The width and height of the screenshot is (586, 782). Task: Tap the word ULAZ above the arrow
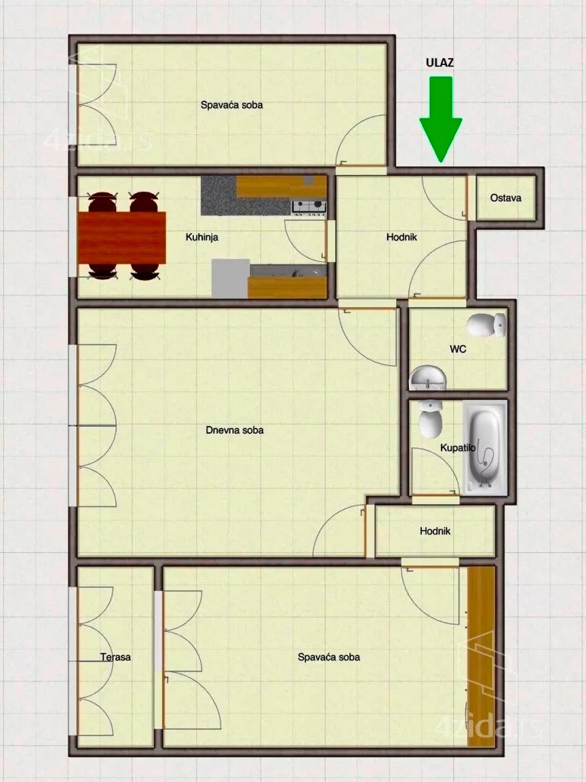click(x=439, y=63)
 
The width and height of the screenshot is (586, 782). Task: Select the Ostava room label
click(x=506, y=198)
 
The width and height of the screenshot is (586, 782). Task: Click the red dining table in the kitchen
click(x=122, y=238)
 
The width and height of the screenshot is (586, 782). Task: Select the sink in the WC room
click(x=428, y=376)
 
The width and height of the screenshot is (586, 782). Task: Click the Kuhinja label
click(x=202, y=238)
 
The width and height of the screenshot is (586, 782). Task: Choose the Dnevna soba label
click(x=235, y=431)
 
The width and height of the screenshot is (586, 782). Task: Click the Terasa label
click(x=115, y=657)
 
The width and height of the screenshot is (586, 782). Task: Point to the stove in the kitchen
click(x=309, y=205)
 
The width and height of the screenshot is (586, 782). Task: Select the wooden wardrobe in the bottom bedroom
click(x=481, y=656)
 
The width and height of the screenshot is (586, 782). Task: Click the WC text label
click(x=458, y=350)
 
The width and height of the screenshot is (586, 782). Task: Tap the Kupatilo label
click(x=453, y=448)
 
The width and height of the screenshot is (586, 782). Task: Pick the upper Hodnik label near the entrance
click(x=401, y=238)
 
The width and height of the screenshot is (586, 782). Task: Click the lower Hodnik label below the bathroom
click(x=435, y=532)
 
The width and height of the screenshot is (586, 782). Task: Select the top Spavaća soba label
click(x=232, y=105)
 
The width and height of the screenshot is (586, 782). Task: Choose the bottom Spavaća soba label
click(x=329, y=657)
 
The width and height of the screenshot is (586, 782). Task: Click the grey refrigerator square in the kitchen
click(x=230, y=278)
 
